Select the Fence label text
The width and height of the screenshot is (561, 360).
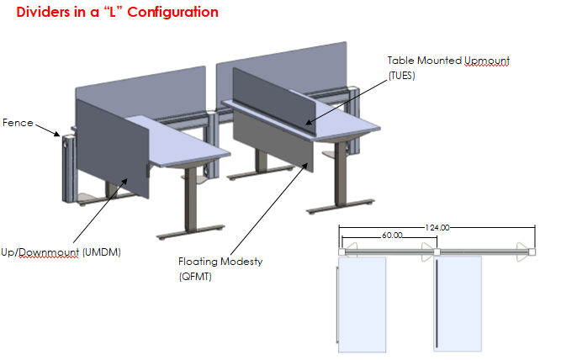[x=17, y=123]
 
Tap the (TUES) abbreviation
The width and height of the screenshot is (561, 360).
[x=403, y=75]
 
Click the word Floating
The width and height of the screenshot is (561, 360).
[x=199, y=262]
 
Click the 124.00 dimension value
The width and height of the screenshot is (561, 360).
[x=437, y=227]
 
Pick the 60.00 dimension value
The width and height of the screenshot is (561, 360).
[x=392, y=236]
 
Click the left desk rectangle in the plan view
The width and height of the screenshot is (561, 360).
[x=363, y=303]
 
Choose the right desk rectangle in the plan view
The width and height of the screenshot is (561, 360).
[x=459, y=303]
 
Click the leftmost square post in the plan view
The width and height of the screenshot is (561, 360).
[x=341, y=251]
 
